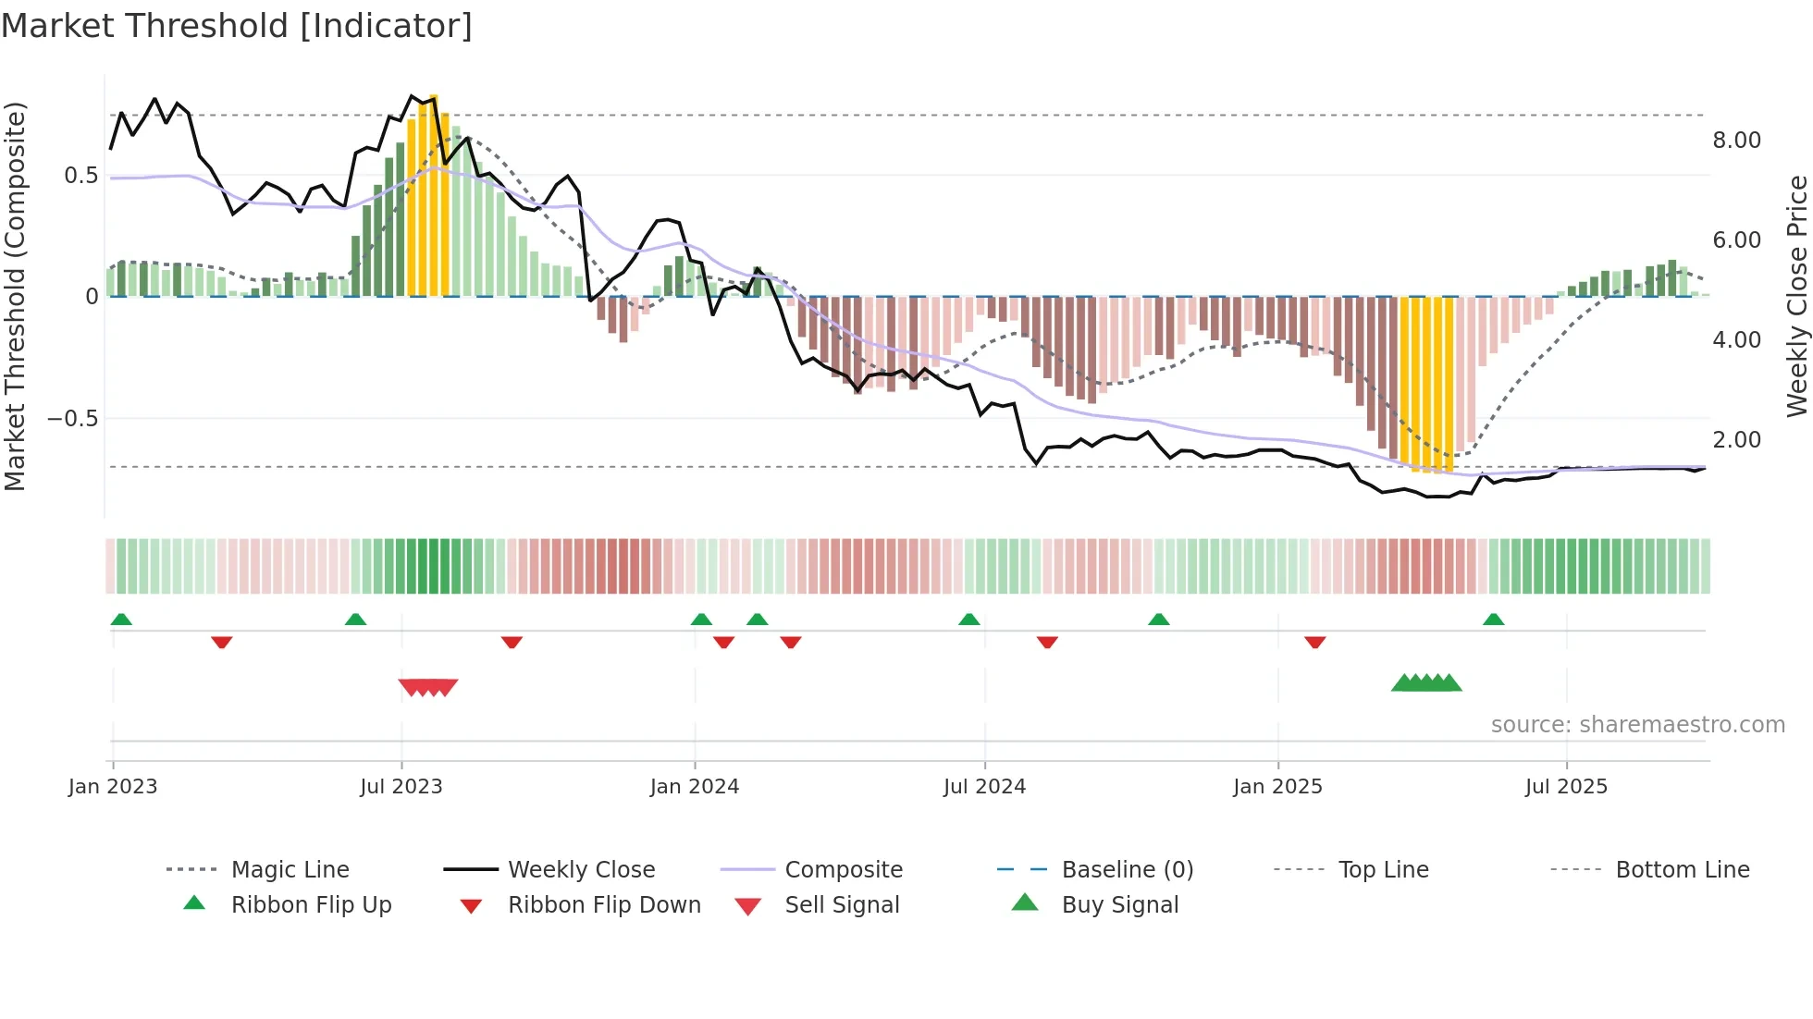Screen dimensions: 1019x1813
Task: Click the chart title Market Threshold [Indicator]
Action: tap(237, 26)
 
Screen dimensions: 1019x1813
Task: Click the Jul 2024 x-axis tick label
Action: tap(984, 787)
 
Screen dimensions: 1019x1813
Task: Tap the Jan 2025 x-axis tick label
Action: tap(1277, 787)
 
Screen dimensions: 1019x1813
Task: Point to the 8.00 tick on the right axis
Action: tap(1736, 141)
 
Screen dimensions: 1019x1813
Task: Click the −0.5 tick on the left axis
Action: tap(72, 419)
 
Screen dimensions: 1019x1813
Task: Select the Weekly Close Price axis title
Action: tap(1796, 296)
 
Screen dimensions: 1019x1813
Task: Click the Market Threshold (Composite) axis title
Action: tap(15, 296)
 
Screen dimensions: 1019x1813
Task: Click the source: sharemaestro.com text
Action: tap(1637, 725)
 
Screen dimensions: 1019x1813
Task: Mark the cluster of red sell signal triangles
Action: tap(428, 687)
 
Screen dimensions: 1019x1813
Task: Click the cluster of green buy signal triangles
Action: tap(1426, 683)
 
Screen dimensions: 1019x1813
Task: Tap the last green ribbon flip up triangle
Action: tap(1493, 620)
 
